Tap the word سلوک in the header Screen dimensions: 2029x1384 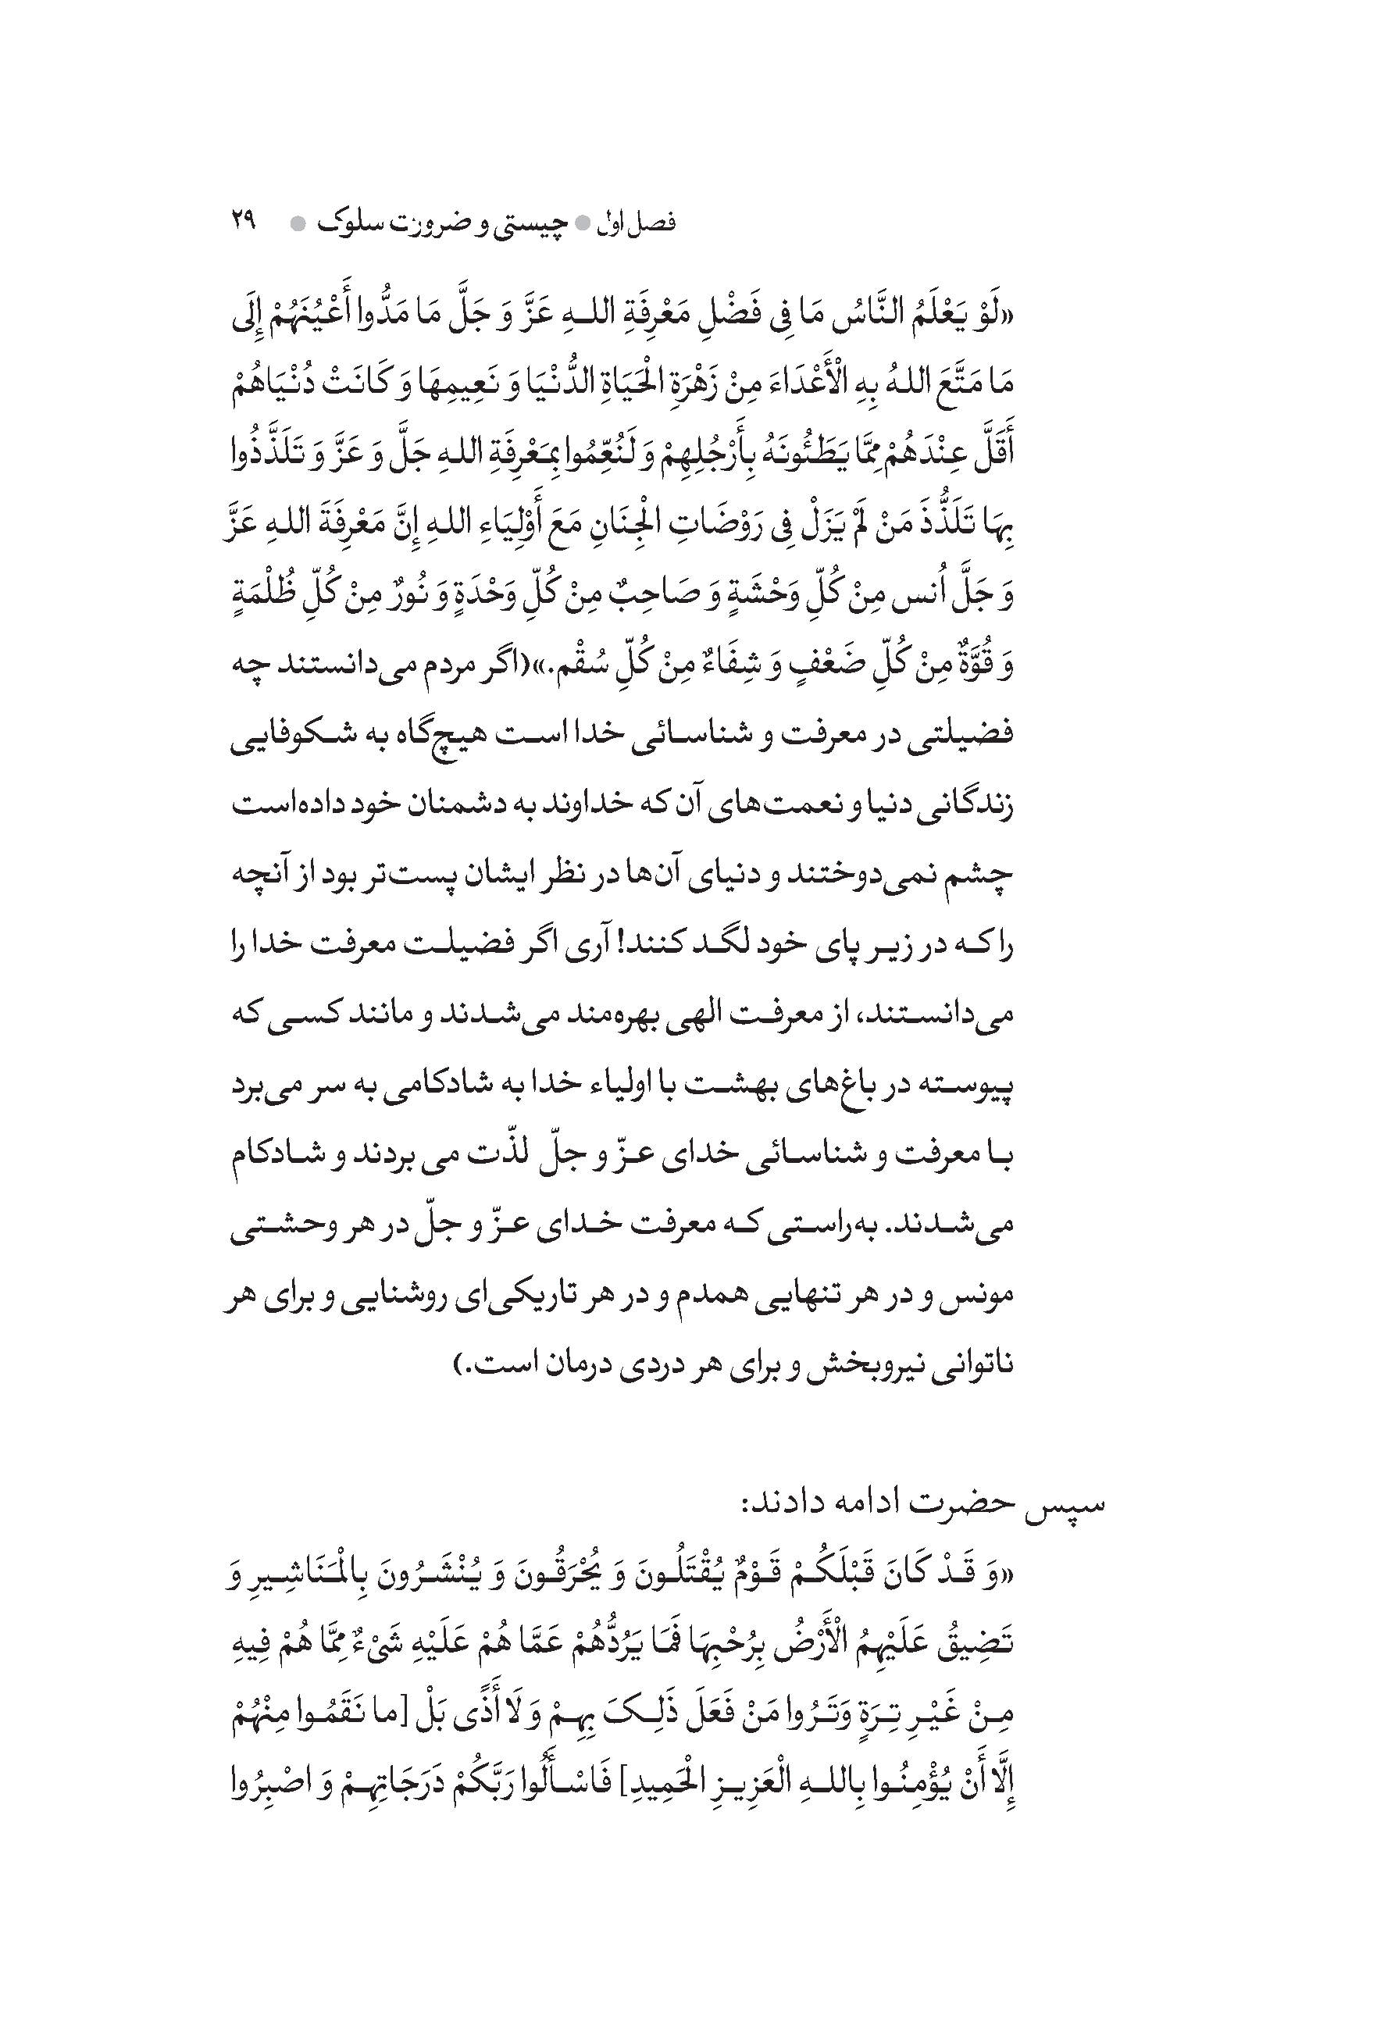tap(348, 223)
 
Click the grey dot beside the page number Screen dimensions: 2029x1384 tap(298, 223)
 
